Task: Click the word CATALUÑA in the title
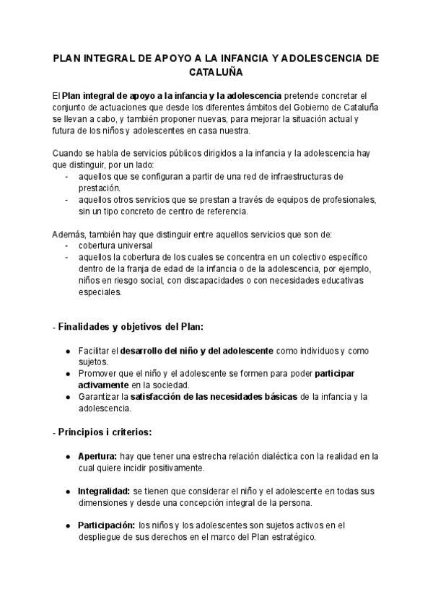[x=216, y=73]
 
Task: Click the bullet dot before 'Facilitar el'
[x=68, y=351]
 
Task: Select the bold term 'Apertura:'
[x=97, y=456]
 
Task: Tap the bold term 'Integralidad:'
[x=104, y=491]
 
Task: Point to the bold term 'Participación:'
[x=107, y=525]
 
